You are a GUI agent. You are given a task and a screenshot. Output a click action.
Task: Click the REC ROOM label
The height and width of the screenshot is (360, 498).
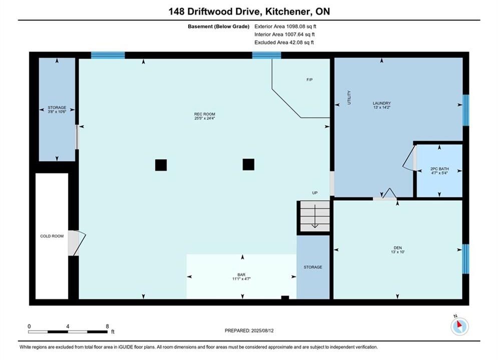pyautogui.click(x=205, y=114)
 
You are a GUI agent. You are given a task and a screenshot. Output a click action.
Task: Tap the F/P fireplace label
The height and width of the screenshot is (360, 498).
pyautogui.click(x=309, y=79)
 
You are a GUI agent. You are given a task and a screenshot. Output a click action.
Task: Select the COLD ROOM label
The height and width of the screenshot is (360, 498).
pyautogui.click(x=52, y=236)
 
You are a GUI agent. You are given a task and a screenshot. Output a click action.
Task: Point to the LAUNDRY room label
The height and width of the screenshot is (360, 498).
pyautogui.click(x=382, y=103)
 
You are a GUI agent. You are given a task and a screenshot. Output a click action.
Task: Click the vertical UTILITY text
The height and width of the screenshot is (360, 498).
pyautogui.click(x=349, y=97)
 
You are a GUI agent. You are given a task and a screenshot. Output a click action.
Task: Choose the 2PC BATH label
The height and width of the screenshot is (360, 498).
pyautogui.click(x=439, y=168)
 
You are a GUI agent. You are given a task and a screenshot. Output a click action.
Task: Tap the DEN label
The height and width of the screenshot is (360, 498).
pyautogui.click(x=397, y=247)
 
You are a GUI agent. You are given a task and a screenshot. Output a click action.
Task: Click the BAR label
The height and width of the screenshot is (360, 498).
pyautogui.click(x=241, y=274)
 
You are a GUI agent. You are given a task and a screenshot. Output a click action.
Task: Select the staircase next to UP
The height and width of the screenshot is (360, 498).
pyautogui.click(x=315, y=216)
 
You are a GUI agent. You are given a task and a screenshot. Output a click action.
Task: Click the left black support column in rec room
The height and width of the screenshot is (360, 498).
pyautogui.click(x=161, y=165)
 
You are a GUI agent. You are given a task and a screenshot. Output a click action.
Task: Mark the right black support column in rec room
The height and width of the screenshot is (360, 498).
pyautogui.click(x=248, y=164)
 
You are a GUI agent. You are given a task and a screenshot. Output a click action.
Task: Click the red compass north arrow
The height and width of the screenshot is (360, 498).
pyautogui.click(x=459, y=324)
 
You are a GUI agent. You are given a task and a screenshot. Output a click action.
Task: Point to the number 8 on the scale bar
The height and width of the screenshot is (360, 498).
pyautogui.click(x=107, y=326)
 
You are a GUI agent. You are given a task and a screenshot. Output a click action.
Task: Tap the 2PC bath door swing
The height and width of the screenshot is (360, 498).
pyautogui.click(x=409, y=158)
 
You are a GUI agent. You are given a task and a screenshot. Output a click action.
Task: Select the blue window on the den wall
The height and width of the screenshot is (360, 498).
pyautogui.click(x=465, y=259)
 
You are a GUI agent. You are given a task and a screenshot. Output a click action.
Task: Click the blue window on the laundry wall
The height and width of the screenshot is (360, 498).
pyautogui.click(x=465, y=110)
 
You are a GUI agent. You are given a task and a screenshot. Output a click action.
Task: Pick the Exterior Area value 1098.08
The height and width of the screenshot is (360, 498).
pyautogui.click(x=297, y=26)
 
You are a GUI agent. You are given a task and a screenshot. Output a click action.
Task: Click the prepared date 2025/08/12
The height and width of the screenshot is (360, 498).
pyautogui.click(x=262, y=330)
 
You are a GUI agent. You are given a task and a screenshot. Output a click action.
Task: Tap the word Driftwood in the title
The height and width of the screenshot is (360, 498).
pyautogui.click(x=210, y=11)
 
